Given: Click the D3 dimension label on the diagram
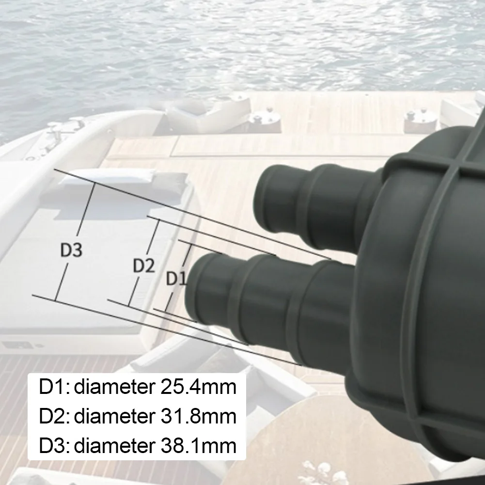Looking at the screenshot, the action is pyautogui.click(x=71, y=250).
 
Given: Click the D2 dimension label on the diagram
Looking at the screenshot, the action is pyautogui.click(x=143, y=266).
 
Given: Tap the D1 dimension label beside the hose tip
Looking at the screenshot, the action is pyautogui.click(x=176, y=278).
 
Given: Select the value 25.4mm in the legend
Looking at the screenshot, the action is pyautogui.click(x=199, y=387).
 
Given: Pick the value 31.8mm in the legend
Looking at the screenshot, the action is pyautogui.click(x=199, y=416).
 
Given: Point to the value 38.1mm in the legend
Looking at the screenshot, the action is pyautogui.click(x=199, y=445).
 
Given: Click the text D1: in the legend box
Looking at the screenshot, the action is pyautogui.click(x=54, y=387).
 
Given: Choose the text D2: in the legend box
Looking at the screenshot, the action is pyautogui.click(x=54, y=416).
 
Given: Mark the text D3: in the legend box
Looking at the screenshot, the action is pyautogui.click(x=54, y=445).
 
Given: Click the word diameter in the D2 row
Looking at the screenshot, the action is pyautogui.click(x=115, y=416).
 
